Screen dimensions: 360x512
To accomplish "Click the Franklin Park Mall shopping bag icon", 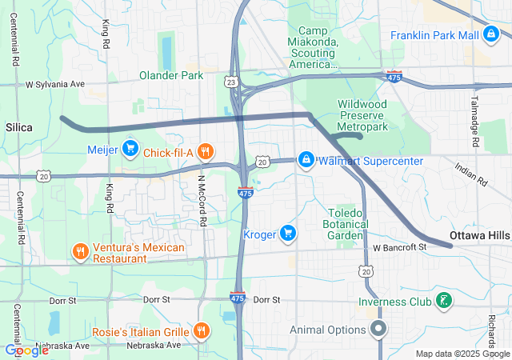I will pos(491,35).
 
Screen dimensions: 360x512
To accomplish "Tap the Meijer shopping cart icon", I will pos(130,149).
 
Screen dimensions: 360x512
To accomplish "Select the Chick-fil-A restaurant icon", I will pos(206,151).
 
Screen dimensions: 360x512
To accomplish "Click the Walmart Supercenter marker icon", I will pos(306,161).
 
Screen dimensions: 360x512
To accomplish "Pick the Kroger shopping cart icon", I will pos(288,234).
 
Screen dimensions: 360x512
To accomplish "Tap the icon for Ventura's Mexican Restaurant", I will pos(80,253).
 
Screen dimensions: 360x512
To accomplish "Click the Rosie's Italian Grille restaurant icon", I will pos(201,331).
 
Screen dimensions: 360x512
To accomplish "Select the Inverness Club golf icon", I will pos(442,302).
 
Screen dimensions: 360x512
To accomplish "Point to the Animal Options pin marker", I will pos(379,328).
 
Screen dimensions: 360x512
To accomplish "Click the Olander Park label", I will pos(171,76).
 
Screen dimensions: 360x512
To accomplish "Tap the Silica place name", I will pos(19,127).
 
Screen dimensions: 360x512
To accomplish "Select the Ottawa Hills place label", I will pos(479,236).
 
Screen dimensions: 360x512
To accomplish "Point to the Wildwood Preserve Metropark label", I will pos(362,115).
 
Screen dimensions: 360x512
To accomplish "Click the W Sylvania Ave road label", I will pos(54,83).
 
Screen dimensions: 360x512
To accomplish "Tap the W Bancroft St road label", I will pos(400,248).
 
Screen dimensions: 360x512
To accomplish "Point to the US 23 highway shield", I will pos(231,82).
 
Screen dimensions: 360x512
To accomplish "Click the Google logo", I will pos(26,350).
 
